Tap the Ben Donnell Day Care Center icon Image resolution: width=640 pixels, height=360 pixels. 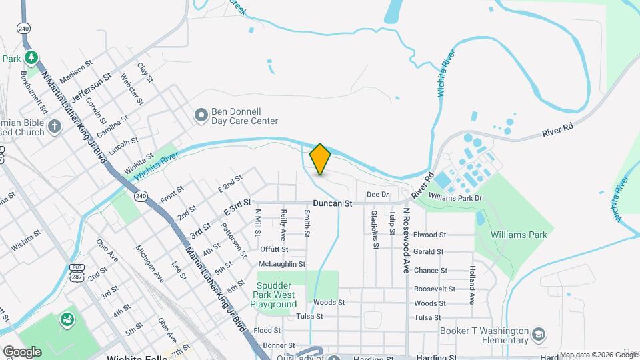pos(201,116)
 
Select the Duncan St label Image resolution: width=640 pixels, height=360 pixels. pos(332,202)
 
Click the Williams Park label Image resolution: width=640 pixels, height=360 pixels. pos(518,235)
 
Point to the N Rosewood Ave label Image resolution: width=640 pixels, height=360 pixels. pos(405,239)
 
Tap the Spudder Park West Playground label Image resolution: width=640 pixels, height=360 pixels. pos(273,295)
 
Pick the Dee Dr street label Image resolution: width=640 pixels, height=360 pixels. pos(377,194)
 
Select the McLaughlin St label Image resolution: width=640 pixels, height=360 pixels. pos(283,264)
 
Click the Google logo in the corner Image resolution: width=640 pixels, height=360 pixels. pos(23,351)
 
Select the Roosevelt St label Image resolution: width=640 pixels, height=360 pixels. pos(434,289)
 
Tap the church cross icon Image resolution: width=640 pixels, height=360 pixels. pos(55,126)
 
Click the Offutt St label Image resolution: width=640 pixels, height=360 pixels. pos(273,249)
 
